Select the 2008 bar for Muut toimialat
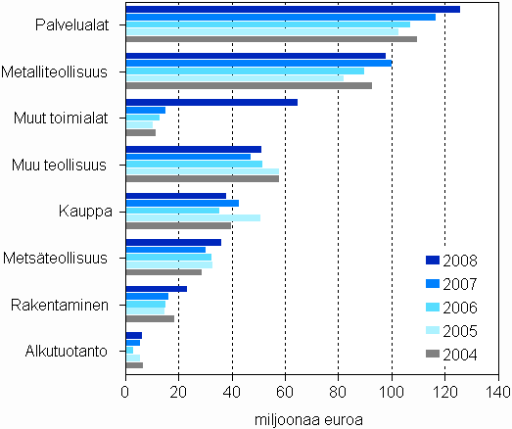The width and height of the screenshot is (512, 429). click(x=211, y=102)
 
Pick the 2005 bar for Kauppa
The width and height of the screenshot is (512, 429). click(x=193, y=217)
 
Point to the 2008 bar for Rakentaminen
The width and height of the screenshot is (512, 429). click(x=143, y=288)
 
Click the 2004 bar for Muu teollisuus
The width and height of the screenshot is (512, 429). click(x=203, y=179)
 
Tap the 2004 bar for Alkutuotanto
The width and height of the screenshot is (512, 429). click(x=134, y=365)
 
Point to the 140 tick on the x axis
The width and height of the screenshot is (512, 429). click(x=497, y=392)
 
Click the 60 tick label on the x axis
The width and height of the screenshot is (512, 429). click(x=285, y=392)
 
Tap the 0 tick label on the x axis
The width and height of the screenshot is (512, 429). click(x=126, y=392)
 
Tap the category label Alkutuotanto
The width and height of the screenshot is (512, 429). click(x=74, y=351)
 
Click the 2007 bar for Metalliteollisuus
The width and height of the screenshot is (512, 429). click(x=258, y=63)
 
